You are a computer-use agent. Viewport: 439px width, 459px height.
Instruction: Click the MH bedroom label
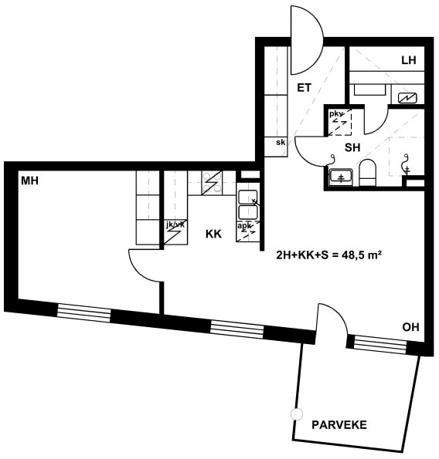29,181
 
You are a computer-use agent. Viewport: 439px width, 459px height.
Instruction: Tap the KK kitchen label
213,235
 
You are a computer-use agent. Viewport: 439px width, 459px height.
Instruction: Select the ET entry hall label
304,87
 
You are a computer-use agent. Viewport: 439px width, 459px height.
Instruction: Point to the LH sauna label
409,60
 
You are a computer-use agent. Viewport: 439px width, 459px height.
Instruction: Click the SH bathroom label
352,147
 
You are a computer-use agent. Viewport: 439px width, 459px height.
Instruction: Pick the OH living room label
410,327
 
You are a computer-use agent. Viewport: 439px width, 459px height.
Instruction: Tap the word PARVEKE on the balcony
339,425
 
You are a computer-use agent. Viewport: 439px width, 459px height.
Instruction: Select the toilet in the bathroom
367,173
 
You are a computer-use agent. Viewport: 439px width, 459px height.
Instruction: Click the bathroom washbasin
341,177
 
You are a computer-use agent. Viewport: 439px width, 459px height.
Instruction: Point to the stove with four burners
212,183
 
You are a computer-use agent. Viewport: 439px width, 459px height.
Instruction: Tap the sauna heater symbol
407,98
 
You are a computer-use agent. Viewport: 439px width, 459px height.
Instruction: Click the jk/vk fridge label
175,224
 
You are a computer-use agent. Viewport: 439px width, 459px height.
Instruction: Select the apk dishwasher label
244,226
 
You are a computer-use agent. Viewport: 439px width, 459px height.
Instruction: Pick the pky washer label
335,113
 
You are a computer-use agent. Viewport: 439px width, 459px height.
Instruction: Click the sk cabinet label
281,143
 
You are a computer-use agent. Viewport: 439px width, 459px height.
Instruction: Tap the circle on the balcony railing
297,414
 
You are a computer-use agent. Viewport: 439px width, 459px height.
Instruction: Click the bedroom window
84,313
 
